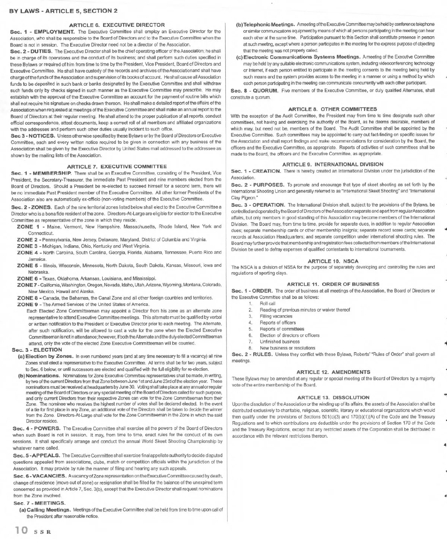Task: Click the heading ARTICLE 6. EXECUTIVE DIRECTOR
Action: coord(117,25)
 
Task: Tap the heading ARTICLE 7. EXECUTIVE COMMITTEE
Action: coord(117,166)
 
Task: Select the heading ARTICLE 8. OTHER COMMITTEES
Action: coord(333,109)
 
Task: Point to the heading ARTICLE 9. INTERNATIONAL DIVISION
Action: coord(333,164)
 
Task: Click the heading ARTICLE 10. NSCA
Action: coord(333,261)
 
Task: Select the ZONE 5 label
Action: coord(27,265)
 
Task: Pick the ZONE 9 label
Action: coord(27,304)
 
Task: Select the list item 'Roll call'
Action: coord(267,303)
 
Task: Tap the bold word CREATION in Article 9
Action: coord(266,171)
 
